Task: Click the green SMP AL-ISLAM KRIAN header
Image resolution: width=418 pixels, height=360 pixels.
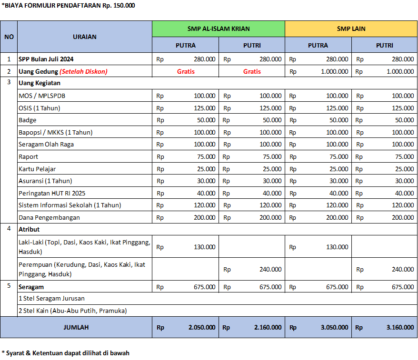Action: click(219, 29)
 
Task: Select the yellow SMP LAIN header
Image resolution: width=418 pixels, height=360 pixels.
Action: click(351, 29)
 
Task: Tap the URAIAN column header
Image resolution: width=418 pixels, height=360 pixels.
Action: click(85, 37)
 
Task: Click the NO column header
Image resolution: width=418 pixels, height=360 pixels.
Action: click(9, 37)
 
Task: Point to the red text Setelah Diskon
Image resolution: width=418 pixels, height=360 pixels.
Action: click(83, 72)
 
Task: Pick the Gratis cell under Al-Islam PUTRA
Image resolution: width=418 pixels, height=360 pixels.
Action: click(186, 72)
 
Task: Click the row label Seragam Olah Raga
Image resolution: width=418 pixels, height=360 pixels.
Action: click(46, 144)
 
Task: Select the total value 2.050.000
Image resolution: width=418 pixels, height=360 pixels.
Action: click(202, 327)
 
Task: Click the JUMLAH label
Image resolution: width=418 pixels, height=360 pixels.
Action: click(76, 327)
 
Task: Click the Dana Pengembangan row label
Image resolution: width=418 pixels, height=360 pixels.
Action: click(49, 217)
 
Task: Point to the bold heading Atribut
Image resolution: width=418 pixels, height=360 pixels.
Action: click(29, 229)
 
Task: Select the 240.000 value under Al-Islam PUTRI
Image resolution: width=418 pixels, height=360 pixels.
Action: click(270, 269)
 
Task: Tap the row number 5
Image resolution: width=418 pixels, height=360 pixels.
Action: click(9, 287)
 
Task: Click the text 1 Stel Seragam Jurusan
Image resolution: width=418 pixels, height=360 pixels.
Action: click(51, 298)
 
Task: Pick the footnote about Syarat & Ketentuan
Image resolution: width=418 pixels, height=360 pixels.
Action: click(65, 353)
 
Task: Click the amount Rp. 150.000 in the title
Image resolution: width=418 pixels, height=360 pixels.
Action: click(118, 6)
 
